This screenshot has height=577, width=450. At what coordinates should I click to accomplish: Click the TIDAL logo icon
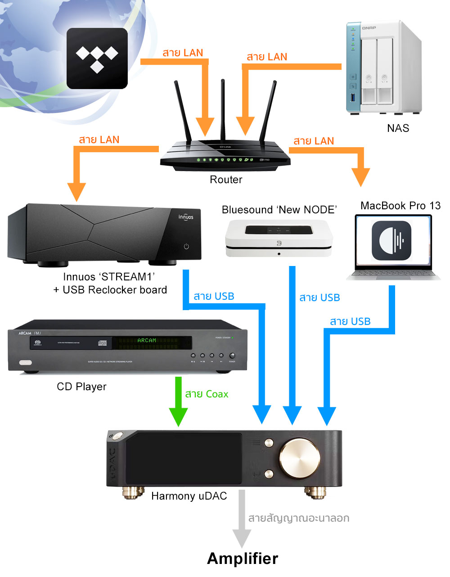click(x=97, y=59)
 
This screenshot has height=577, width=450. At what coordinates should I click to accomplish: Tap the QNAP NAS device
click(x=383, y=68)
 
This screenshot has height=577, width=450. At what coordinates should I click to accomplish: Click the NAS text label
click(x=398, y=128)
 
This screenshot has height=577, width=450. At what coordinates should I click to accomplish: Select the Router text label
click(x=226, y=180)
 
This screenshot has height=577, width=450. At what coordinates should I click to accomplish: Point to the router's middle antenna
click(x=223, y=108)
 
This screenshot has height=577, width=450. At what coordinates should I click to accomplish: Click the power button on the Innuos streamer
click(x=186, y=246)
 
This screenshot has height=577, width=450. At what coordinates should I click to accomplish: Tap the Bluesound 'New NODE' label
click(x=279, y=210)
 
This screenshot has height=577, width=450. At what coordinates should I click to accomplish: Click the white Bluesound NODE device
click(x=279, y=239)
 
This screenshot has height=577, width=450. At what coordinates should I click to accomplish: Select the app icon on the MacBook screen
click(x=391, y=241)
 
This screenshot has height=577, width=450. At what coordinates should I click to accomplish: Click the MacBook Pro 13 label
click(x=400, y=206)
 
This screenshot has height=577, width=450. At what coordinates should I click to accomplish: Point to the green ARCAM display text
click(x=147, y=340)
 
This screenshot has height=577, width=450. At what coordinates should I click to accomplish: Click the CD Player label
click(x=81, y=387)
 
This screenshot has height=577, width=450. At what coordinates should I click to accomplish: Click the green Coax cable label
click(x=207, y=394)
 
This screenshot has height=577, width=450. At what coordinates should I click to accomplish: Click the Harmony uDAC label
click(x=189, y=496)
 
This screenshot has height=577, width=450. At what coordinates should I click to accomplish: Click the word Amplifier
click(x=243, y=559)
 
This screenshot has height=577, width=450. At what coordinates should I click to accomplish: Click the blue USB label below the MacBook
click(x=350, y=321)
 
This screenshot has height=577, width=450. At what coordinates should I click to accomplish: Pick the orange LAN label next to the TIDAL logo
click(x=183, y=53)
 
